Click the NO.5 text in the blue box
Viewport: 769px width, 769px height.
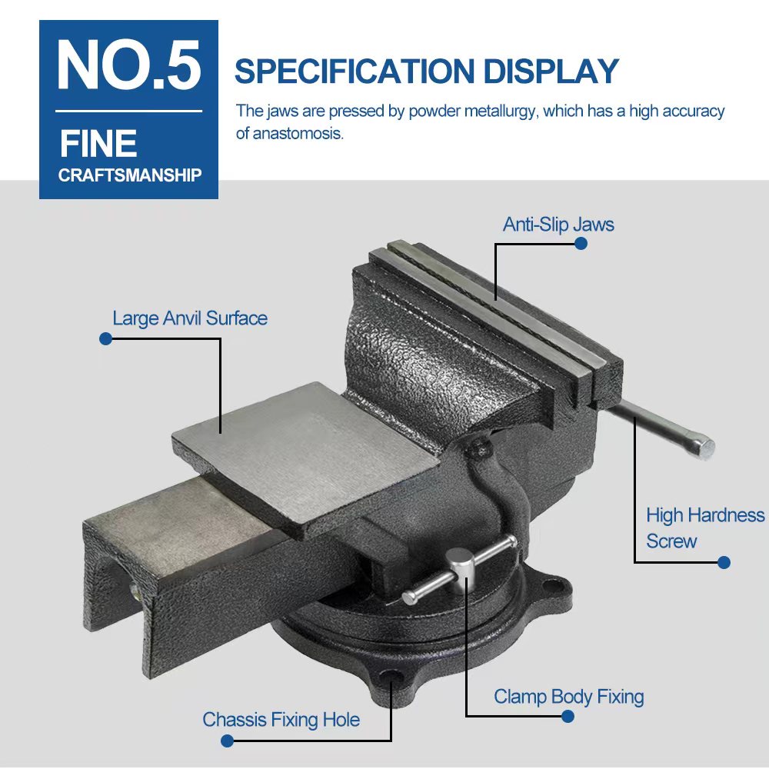coord(129,65)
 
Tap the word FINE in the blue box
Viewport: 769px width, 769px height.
coord(98,144)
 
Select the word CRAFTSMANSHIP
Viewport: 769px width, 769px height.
coord(130,175)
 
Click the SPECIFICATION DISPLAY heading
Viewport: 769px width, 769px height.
coord(427,71)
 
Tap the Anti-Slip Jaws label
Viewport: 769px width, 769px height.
coord(558,225)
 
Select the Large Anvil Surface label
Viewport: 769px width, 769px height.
coord(190,318)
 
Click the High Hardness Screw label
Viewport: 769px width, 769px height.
coord(705,528)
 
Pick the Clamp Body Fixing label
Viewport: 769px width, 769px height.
coord(569,697)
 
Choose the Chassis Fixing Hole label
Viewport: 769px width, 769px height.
coord(281,720)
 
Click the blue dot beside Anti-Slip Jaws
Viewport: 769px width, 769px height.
coord(581,243)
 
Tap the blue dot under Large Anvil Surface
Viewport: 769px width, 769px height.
coord(105,338)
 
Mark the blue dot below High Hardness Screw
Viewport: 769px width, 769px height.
coord(724,563)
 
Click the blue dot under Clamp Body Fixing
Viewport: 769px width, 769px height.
coord(568,717)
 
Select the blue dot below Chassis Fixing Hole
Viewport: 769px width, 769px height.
coord(227,741)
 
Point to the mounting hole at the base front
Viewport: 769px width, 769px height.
coord(391,677)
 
